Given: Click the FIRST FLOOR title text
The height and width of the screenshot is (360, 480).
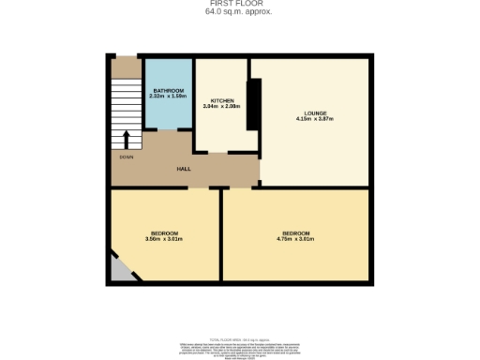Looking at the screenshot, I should (x=239, y=4).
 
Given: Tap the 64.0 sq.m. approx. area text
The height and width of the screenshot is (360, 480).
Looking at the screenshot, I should (x=239, y=11).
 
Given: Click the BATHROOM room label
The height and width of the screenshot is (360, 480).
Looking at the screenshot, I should (x=169, y=89).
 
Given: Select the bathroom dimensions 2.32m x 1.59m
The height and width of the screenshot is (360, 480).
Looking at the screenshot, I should (x=169, y=96).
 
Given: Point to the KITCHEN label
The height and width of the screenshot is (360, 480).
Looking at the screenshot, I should (x=221, y=99).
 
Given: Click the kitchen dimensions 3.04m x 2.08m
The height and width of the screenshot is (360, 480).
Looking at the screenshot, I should (x=221, y=106).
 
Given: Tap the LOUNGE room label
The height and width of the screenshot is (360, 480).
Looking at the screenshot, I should (x=315, y=113).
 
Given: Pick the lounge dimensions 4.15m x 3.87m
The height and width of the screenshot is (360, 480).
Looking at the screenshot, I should (x=315, y=120).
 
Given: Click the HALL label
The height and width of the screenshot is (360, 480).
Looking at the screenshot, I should (x=185, y=168).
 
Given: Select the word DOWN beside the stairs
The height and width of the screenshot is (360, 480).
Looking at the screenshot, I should (x=126, y=157).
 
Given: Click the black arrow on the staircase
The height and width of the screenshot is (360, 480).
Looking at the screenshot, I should (x=126, y=139).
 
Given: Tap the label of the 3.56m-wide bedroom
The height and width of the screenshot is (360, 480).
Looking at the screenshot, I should (x=164, y=232).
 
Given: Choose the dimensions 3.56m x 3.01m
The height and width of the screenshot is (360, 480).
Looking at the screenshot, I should (x=164, y=239).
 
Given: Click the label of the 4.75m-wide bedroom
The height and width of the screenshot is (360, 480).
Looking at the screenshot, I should (x=295, y=232).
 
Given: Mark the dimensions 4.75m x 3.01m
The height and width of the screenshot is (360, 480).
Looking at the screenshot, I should (x=295, y=239).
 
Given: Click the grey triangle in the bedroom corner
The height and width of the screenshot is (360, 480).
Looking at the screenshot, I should (x=118, y=271).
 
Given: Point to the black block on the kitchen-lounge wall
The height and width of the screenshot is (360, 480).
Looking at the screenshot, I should (x=252, y=103).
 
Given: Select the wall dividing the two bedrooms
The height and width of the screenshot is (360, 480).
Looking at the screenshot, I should (x=222, y=234).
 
